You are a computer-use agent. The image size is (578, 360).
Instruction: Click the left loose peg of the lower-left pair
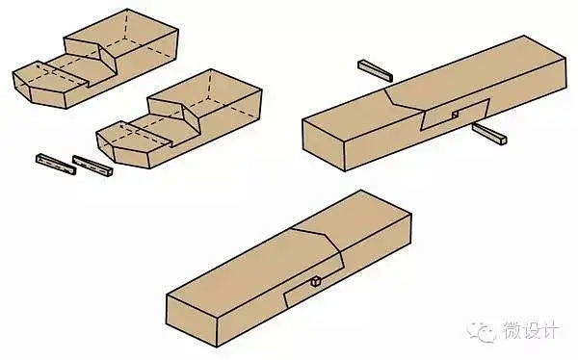tap(56, 164)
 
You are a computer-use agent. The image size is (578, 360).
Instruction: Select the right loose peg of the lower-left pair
tap(92, 166)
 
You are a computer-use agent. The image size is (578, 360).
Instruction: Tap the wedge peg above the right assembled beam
tap(375, 70)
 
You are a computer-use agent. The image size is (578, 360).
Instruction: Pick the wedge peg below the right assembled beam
tap(489, 134)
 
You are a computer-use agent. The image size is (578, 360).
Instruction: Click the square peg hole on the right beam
tap(456, 115)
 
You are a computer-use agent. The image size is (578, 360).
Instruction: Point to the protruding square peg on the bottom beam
tap(316, 282)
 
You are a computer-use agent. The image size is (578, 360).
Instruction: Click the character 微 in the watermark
tap(512, 330)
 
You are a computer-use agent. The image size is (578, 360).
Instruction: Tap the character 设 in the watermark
tap(533, 330)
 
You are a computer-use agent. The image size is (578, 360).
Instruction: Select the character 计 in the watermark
tap(552, 330)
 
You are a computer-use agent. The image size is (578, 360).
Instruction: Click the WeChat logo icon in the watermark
tap(483, 331)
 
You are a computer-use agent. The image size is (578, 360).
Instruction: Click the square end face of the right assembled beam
tap(324, 144)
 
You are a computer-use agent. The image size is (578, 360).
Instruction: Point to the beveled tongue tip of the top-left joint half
tap(39, 87)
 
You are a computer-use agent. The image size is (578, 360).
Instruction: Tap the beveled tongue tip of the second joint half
tap(123, 146)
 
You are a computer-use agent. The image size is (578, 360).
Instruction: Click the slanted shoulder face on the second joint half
tap(192, 116)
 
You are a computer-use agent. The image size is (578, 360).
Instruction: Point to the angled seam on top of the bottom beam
tap(316, 238)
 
